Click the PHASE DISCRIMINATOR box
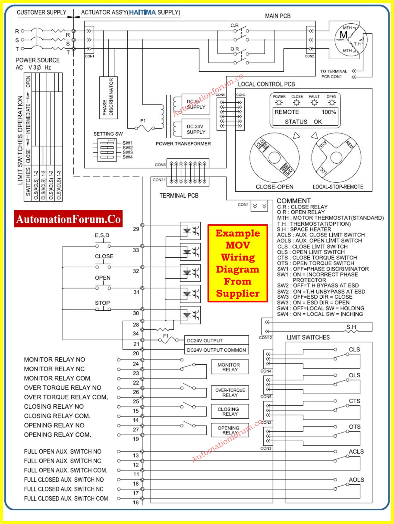pos(108,97)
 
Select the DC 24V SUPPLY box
pos(196,129)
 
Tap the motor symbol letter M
pos(343,35)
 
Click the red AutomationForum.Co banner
pos(68,219)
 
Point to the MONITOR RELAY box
pos(230,367)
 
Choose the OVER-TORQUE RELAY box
pos(230,392)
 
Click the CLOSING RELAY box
pos(230,411)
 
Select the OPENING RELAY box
pos(230,430)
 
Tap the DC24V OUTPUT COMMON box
pos(216,350)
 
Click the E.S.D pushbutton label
pos(102,235)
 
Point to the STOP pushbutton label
pos(102,303)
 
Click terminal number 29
pos(136,229)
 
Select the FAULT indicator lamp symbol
pos(314,103)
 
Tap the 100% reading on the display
pos(329,112)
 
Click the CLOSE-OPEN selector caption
pos(274,187)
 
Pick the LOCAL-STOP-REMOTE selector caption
pos(338,187)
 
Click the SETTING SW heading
pos(108,134)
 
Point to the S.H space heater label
pos(351,327)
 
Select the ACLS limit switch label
pos(356,451)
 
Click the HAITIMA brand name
pos(142,12)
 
